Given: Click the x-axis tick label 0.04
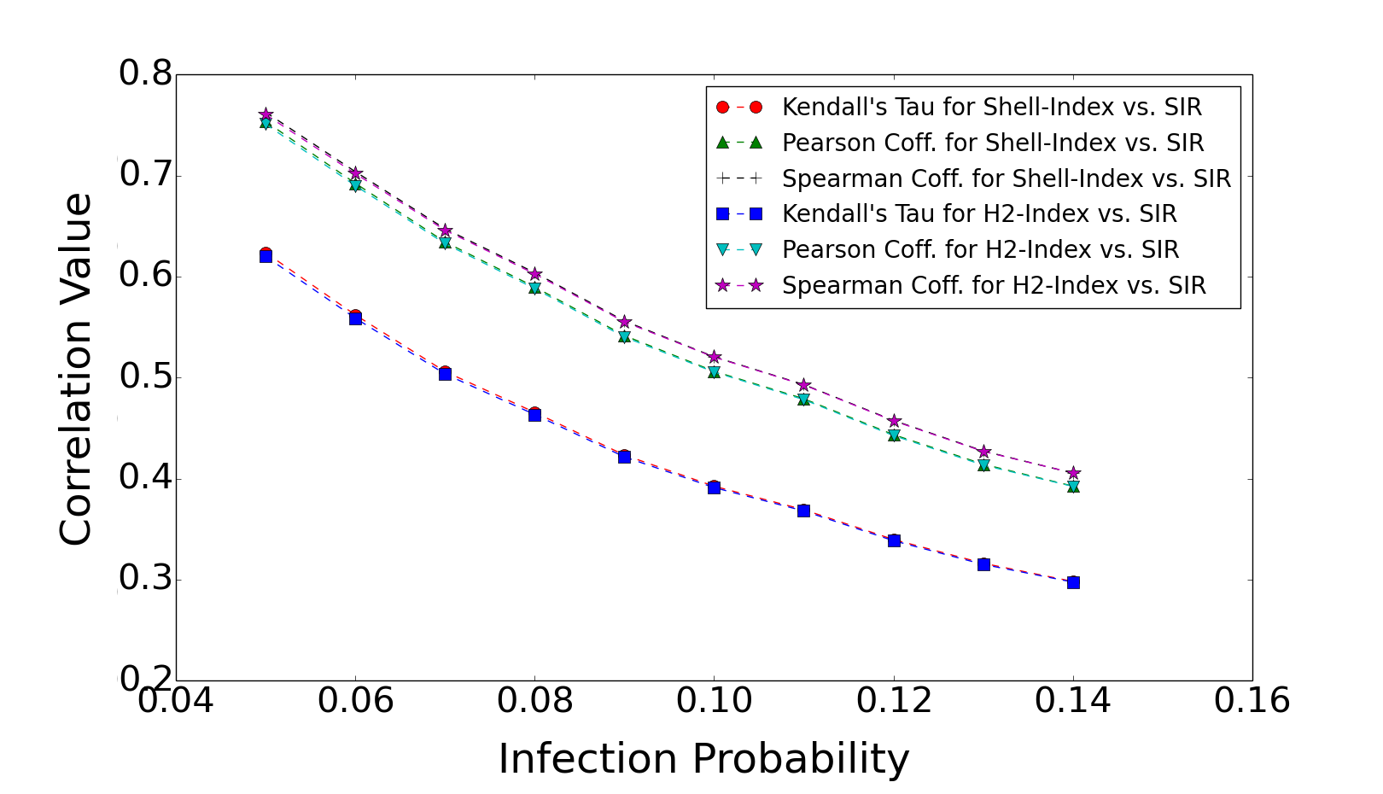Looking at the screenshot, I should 177,701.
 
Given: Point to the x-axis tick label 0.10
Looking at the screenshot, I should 715,701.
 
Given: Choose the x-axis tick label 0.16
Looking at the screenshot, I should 1252,701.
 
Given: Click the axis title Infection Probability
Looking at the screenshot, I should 703,758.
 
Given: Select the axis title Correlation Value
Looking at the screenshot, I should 76,369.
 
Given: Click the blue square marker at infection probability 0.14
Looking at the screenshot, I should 1073,582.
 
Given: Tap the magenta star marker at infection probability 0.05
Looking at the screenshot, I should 266,114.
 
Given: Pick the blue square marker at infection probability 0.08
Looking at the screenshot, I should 534,415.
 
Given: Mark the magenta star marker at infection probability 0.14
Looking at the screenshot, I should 1073,473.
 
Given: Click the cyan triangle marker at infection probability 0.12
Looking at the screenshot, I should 894,435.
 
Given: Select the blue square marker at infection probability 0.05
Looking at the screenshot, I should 266,256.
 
